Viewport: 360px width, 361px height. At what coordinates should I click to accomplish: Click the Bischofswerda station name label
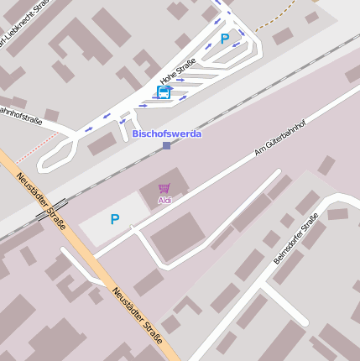(x=167, y=133)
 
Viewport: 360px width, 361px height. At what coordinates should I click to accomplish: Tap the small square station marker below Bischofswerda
(x=166, y=145)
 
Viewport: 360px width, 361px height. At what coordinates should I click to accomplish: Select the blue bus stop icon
(x=164, y=92)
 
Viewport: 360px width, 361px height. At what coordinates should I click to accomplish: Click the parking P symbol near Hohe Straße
(x=224, y=38)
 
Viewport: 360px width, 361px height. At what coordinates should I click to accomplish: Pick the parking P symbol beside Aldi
(x=115, y=219)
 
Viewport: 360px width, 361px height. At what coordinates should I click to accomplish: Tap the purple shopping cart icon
(x=164, y=189)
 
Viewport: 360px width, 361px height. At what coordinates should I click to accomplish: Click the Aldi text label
(x=164, y=201)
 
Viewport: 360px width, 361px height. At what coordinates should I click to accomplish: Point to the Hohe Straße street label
(x=177, y=71)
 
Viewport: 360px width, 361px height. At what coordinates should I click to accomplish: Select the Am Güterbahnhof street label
(x=280, y=139)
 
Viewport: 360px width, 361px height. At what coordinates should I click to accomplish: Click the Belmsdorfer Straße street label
(x=296, y=238)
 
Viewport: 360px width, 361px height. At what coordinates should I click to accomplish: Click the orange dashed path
(x=277, y=17)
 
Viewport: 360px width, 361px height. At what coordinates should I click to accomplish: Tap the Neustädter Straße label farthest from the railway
(x=137, y=315)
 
